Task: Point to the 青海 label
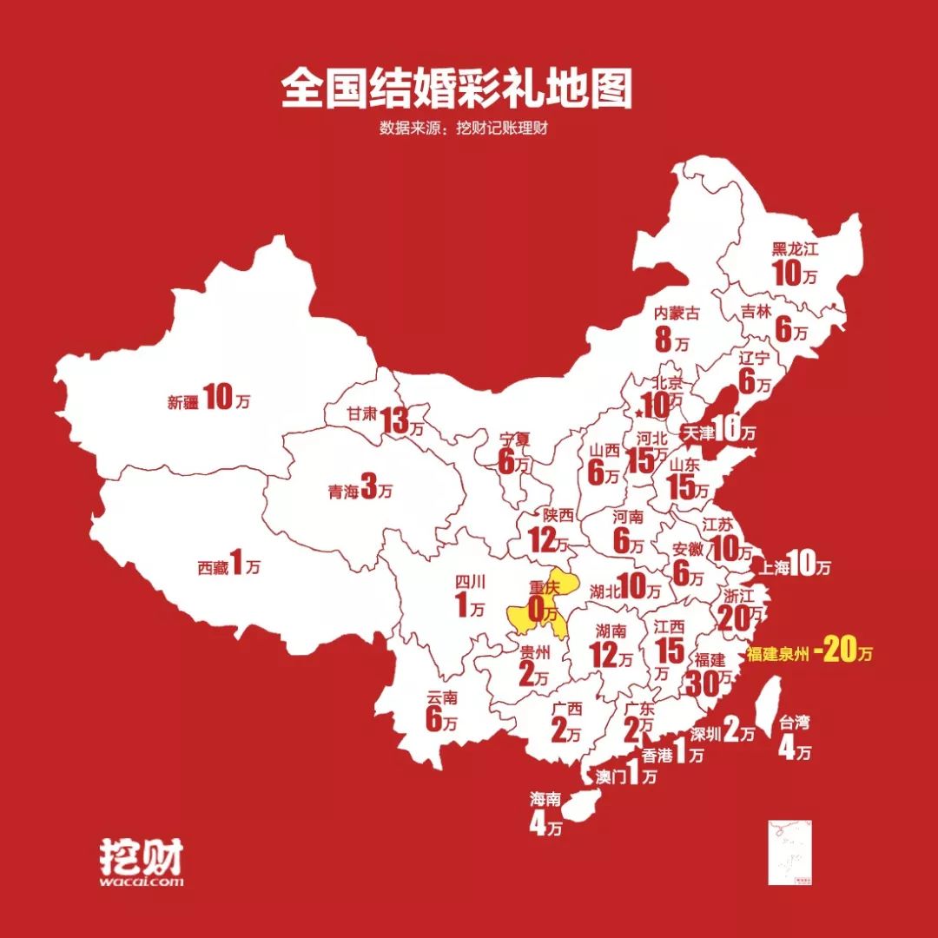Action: [342, 492]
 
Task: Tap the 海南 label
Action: [545, 798]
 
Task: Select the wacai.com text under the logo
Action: [141, 881]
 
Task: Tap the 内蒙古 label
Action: [677, 313]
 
